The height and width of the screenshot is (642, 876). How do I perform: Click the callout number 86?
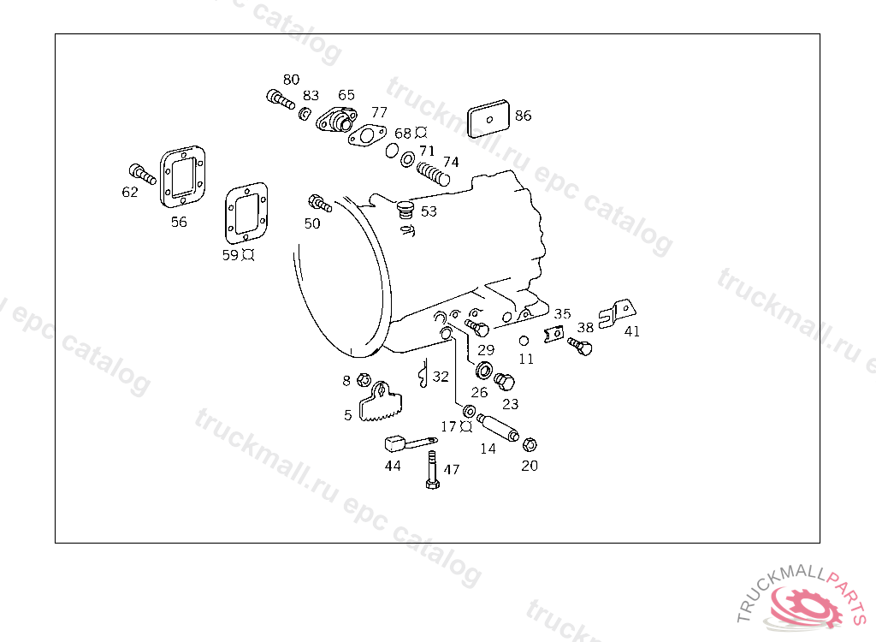(523, 116)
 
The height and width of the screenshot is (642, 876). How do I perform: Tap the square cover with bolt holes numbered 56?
(184, 177)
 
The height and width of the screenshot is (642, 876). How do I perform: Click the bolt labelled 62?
(142, 175)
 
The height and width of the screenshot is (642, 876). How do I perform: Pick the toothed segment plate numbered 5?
(380, 402)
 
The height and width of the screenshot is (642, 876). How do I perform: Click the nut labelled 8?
(363, 380)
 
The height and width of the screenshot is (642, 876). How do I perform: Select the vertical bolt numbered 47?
(432, 472)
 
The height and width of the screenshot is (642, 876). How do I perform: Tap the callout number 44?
(393, 466)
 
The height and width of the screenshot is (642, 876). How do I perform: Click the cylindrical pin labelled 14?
(498, 427)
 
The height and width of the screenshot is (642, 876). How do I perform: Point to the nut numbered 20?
(529, 444)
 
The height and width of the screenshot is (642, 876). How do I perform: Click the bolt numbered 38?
(581, 347)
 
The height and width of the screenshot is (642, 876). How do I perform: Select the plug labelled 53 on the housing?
(405, 209)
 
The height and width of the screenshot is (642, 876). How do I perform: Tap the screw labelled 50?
(319, 204)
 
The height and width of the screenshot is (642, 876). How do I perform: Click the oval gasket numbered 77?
(367, 136)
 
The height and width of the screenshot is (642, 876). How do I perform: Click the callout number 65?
(346, 95)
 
